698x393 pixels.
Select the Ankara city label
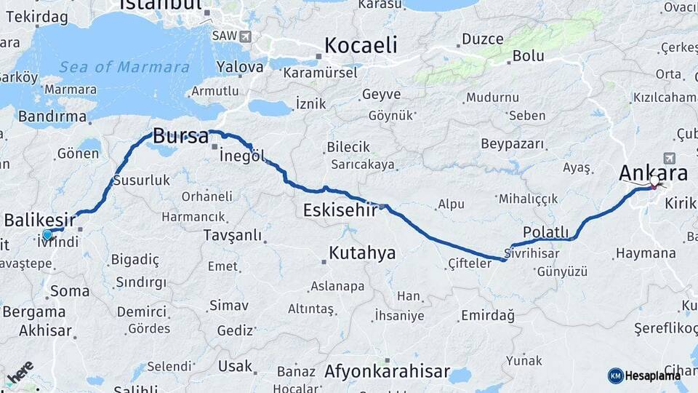point(653,173)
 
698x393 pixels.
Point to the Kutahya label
point(362,253)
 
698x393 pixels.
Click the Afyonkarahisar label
point(387,371)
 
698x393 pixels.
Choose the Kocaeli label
point(361,45)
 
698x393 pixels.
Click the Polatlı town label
point(545,232)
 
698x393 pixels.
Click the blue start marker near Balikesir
point(47,234)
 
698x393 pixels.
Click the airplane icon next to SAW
point(244,36)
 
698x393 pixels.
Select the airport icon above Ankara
point(669,157)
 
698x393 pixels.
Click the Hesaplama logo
point(644,376)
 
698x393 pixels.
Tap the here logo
point(20,372)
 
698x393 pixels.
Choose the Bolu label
point(528,55)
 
